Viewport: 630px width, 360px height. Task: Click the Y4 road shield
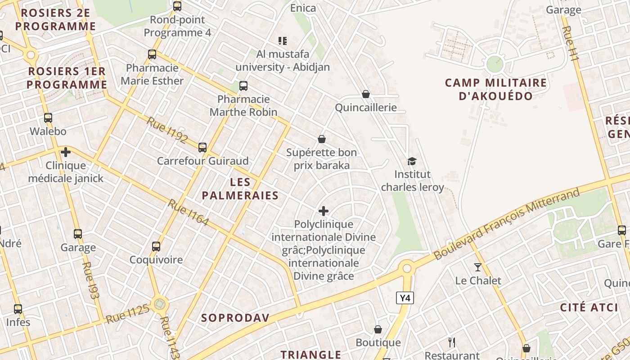[x=405, y=297]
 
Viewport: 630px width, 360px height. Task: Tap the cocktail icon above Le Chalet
[x=477, y=267]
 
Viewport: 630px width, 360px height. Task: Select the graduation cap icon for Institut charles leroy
[x=412, y=161]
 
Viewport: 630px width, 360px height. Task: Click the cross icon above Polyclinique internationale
[x=323, y=211]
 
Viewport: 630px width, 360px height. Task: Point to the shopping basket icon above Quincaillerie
[x=366, y=94]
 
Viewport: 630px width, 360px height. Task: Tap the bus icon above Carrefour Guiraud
[x=202, y=147]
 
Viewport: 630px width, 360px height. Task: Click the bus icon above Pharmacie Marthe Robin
[x=243, y=85]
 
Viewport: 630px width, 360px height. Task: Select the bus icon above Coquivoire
[x=156, y=247]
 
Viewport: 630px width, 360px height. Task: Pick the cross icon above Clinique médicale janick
[x=66, y=152]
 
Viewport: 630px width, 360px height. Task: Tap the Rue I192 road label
[x=167, y=130]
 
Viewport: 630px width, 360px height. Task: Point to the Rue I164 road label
[x=189, y=212]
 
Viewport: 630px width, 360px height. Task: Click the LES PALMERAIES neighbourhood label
[x=240, y=189]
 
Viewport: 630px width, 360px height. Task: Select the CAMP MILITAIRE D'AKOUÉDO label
[x=496, y=89]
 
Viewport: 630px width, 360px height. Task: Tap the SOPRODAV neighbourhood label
[x=235, y=318]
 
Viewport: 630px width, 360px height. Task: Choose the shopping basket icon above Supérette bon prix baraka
[x=322, y=139]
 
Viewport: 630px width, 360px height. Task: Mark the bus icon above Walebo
[x=48, y=118]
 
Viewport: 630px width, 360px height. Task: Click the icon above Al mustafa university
[x=283, y=41]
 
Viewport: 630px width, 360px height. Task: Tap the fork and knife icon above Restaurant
[x=452, y=342]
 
